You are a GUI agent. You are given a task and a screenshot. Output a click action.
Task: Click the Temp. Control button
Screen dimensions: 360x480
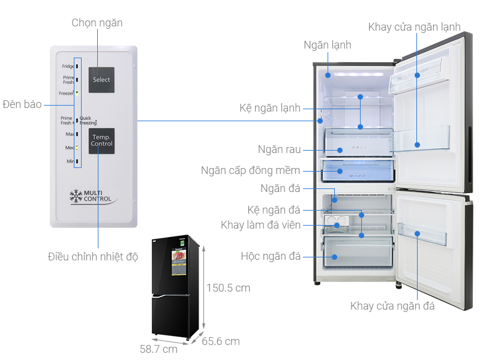tap(101, 141)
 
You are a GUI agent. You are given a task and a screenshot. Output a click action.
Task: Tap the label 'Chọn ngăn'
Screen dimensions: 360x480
tap(97, 23)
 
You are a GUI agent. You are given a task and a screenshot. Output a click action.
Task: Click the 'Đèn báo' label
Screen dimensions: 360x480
tap(22, 104)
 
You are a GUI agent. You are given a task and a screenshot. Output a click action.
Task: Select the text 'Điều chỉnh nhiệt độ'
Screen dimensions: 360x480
tap(93, 257)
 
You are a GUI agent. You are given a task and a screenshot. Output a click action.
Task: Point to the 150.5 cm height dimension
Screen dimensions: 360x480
tap(229, 288)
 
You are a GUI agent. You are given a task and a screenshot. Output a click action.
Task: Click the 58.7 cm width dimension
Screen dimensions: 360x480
tap(158, 349)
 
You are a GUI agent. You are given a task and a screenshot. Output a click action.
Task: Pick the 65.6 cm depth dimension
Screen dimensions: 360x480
tap(221, 341)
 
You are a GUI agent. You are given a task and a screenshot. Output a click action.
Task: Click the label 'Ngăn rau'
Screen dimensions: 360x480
tap(279, 149)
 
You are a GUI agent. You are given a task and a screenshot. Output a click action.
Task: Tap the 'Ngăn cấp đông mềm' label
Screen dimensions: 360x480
tap(250, 170)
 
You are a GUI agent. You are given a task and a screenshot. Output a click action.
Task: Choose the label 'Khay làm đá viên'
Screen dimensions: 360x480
tap(260, 225)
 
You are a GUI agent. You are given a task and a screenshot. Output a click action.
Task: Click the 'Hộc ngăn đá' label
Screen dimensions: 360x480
tap(270, 256)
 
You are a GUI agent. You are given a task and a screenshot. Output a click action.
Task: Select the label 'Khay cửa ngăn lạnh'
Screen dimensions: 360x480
tap(415, 27)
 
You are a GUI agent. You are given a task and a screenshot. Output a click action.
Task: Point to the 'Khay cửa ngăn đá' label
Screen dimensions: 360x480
tap(392, 306)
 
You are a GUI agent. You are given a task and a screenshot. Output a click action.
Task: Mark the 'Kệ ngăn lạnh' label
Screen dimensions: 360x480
tap(269, 109)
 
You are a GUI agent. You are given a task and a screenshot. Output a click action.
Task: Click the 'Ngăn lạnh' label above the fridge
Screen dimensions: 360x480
tap(327, 45)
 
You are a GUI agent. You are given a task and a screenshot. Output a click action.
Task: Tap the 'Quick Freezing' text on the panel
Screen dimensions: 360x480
tap(89, 121)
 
